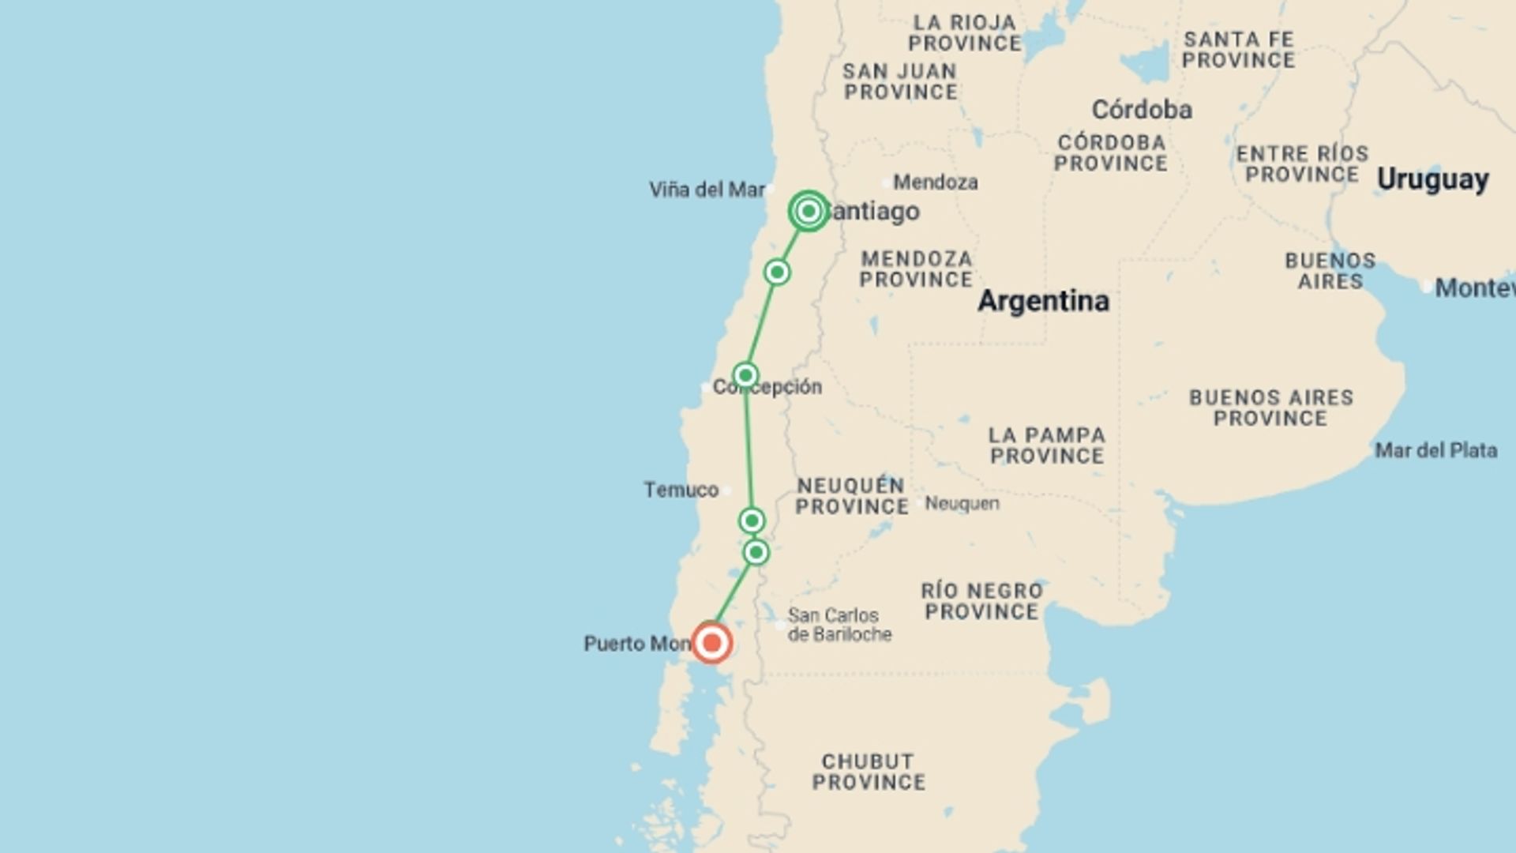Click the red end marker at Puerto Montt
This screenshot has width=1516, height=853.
pyautogui.click(x=711, y=643)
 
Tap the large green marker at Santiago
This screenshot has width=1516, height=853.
pyautogui.click(x=808, y=211)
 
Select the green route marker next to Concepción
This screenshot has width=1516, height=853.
pyautogui.click(x=745, y=374)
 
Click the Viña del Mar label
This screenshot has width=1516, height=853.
pyautogui.click(x=707, y=190)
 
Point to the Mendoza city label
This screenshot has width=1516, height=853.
pyautogui.click(x=935, y=182)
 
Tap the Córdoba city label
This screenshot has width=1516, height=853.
pyautogui.click(x=1141, y=110)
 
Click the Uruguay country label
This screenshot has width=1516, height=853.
pyautogui.click(x=1432, y=179)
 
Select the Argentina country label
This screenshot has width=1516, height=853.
pyautogui.click(x=1043, y=301)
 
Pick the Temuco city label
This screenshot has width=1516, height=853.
pyautogui.click(x=681, y=490)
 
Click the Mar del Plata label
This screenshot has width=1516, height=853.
pyautogui.click(x=1435, y=450)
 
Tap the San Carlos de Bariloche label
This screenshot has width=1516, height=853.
pyautogui.click(x=839, y=625)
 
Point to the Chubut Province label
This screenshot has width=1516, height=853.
pyautogui.click(x=868, y=772)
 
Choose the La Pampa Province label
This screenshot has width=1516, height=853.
pyautogui.click(x=1047, y=445)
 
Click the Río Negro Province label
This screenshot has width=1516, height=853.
pyautogui.click(x=981, y=601)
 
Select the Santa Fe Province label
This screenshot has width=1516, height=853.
pyautogui.click(x=1238, y=50)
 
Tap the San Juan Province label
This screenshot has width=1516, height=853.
pyautogui.click(x=900, y=81)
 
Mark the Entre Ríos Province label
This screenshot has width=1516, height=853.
pyautogui.click(x=1302, y=163)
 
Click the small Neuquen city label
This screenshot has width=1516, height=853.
pyautogui.click(x=962, y=503)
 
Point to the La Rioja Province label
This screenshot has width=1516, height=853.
pyautogui.click(x=964, y=32)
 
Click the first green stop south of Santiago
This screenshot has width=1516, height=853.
pyautogui.click(x=777, y=272)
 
